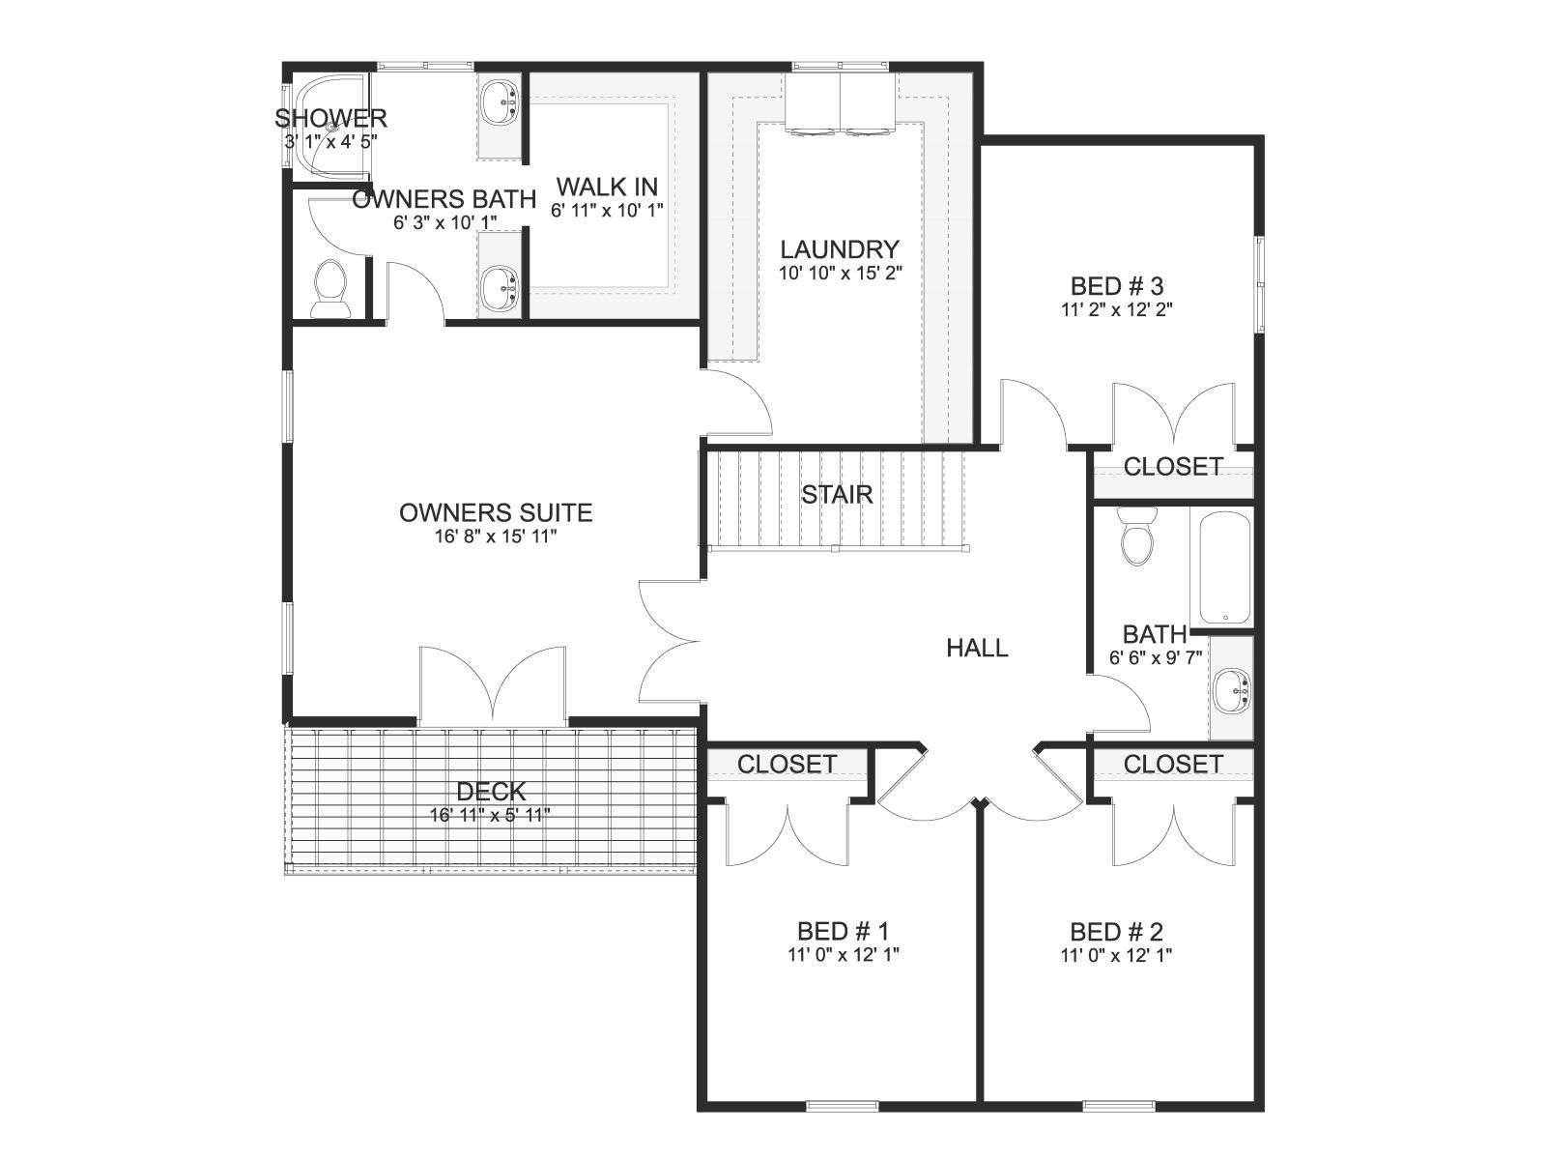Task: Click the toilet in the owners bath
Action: tap(329, 289)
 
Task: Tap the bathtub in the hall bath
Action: tap(1225, 568)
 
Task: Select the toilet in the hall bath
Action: tap(1136, 536)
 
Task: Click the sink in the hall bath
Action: tap(1231, 691)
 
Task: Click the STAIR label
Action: tap(837, 494)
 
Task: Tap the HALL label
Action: tap(977, 648)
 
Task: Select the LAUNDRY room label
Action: tap(840, 249)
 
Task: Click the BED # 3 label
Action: tap(1117, 286)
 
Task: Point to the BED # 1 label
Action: tap(844, 931)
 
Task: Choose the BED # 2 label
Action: tap(1116, 932)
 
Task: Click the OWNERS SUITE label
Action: tap(496, 512)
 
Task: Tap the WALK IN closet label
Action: tap(607, 187)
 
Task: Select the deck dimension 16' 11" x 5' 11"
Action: tap(490, 815)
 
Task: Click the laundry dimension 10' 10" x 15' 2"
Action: tap(841, 273)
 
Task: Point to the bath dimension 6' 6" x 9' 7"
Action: tap(1155, 658)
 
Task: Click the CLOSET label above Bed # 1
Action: tap(787, 764)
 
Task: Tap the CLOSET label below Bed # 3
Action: tap(1173, 466)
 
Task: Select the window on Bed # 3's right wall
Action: tap(1259, 284)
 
